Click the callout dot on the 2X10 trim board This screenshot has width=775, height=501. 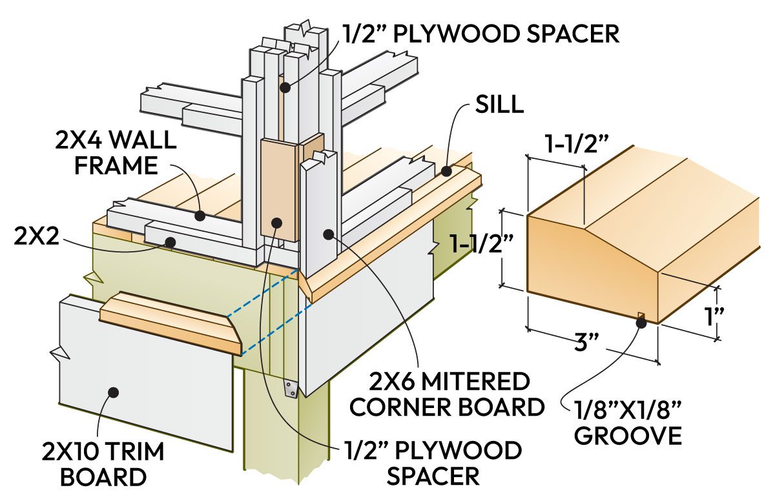click(x=114, y=392)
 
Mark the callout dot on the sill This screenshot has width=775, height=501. click(x=446, y=171)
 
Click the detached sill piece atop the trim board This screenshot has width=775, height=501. click(x=171, y=322)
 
